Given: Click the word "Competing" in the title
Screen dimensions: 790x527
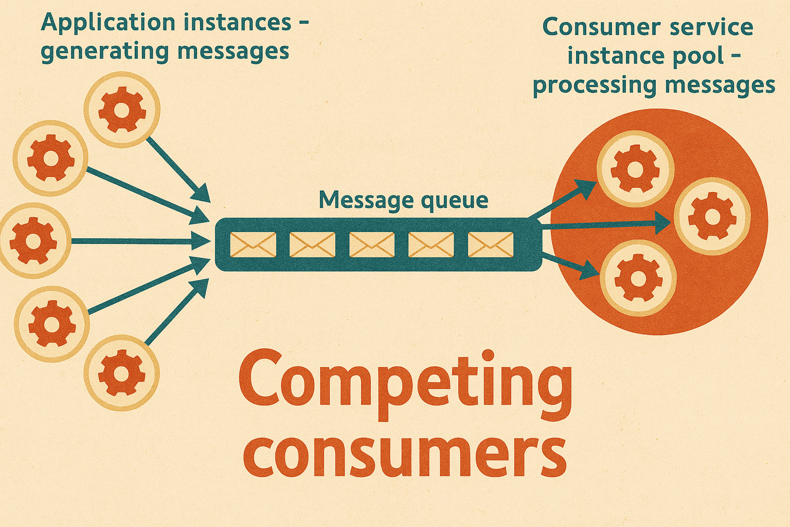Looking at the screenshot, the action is pos(405,385).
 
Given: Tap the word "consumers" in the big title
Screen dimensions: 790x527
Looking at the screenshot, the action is pos(405,455).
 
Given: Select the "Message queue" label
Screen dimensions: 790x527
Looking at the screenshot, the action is pos(403,201).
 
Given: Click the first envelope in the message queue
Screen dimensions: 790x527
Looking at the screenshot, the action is pos(253,244).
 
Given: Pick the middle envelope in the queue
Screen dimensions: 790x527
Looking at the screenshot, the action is pos(372,244).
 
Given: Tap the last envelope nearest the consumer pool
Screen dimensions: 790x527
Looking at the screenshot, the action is pos(491,244).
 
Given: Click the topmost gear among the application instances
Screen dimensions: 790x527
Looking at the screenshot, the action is pos(122,110).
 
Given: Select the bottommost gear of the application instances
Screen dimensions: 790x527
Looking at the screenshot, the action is pos(121,373).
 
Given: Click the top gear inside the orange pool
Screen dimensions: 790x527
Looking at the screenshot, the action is pos(635,169).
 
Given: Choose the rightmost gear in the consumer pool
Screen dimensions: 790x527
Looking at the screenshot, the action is pos(712,216).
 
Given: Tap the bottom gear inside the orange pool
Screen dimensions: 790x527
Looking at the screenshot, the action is pos(638,278).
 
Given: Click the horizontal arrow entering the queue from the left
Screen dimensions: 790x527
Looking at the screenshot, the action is pos(141,241).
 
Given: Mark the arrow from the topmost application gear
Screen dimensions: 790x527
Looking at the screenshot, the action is pos(178,170).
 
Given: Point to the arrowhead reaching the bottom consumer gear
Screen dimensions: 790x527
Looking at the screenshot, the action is pos(588,270).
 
